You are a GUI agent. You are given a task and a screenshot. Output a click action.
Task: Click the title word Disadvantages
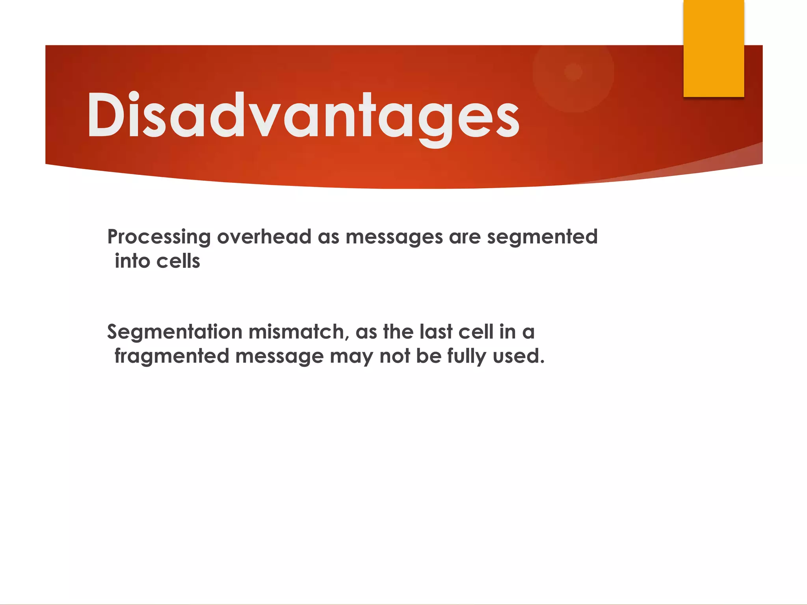point(303,117)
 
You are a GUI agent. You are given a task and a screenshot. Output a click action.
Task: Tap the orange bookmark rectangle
point(713,48)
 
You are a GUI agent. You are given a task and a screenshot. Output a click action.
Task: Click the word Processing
point(159,238)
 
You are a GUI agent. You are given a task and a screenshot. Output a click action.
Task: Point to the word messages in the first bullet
point(394,238)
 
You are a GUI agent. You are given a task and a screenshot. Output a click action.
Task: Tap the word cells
point(178,261)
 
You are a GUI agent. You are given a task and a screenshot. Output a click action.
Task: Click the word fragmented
point(172,356)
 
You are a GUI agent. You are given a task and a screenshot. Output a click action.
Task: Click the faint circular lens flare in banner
point(573,72)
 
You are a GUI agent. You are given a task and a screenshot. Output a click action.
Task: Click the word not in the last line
point(394,356)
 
